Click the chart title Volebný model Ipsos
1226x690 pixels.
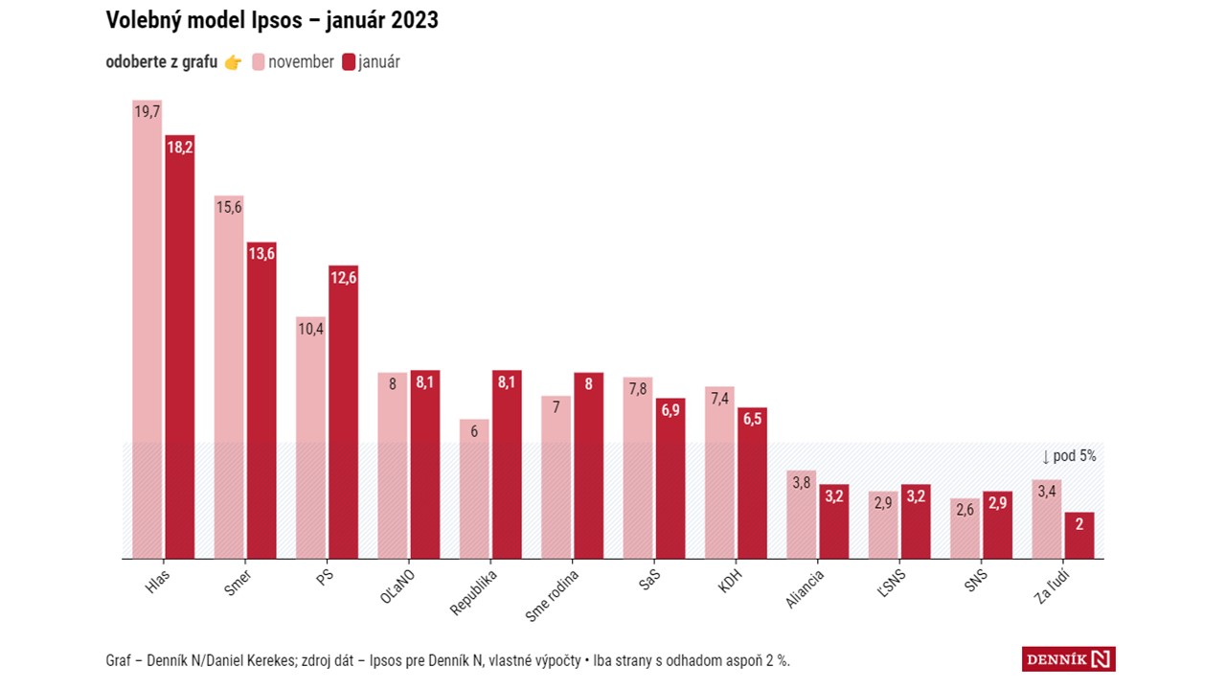[x=272, y=20]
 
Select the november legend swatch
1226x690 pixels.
[x=259, y=62]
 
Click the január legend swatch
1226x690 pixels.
[x=349, y=62]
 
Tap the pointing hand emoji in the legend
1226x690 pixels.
[x=233, y=62]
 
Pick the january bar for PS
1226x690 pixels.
[x=343, y=412]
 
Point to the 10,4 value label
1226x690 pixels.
[x=310, y=329]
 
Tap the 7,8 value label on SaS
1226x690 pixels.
[x=637, y=388]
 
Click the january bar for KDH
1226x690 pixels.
[x=752, y=483]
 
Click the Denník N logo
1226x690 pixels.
[x=1068, y=659]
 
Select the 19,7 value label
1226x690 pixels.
[x=147, y=112]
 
